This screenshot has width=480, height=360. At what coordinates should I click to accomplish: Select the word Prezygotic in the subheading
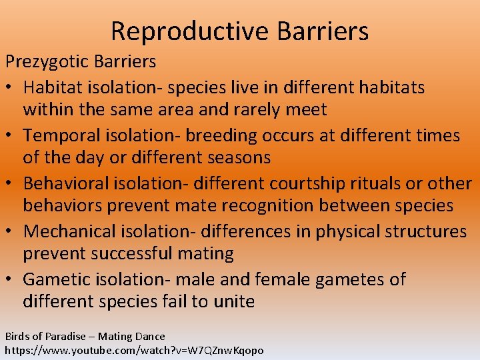click(47, 62)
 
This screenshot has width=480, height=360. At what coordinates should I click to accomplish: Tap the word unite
click(233, 302)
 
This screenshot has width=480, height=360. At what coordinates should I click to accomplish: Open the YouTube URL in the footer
click(134, 350)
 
